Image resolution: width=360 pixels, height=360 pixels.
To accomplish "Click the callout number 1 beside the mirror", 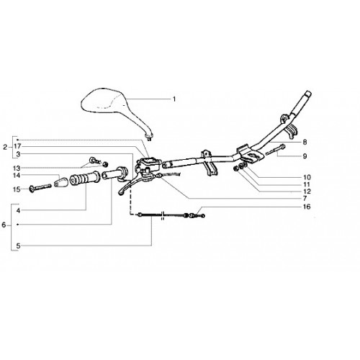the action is (x=174, y=99).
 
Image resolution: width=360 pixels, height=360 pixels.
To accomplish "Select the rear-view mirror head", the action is (x=106, y=100).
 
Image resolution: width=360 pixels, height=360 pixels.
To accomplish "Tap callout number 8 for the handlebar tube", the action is (x=305, y=142).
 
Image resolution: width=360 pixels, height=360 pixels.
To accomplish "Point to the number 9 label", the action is (x=305, y=156).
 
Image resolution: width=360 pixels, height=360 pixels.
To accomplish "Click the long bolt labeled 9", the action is (x=275, y=150).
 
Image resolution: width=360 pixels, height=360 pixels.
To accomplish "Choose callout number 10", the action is (x=307, y=177).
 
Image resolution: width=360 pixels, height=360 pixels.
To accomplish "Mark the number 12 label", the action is (x=307, y=192).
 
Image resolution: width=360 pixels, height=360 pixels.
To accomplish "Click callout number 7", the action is (x=305, y=199).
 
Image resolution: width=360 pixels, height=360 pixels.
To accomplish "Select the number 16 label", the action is (x=307, y=207).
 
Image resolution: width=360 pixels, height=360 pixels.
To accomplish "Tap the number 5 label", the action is (x=18, y=246).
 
